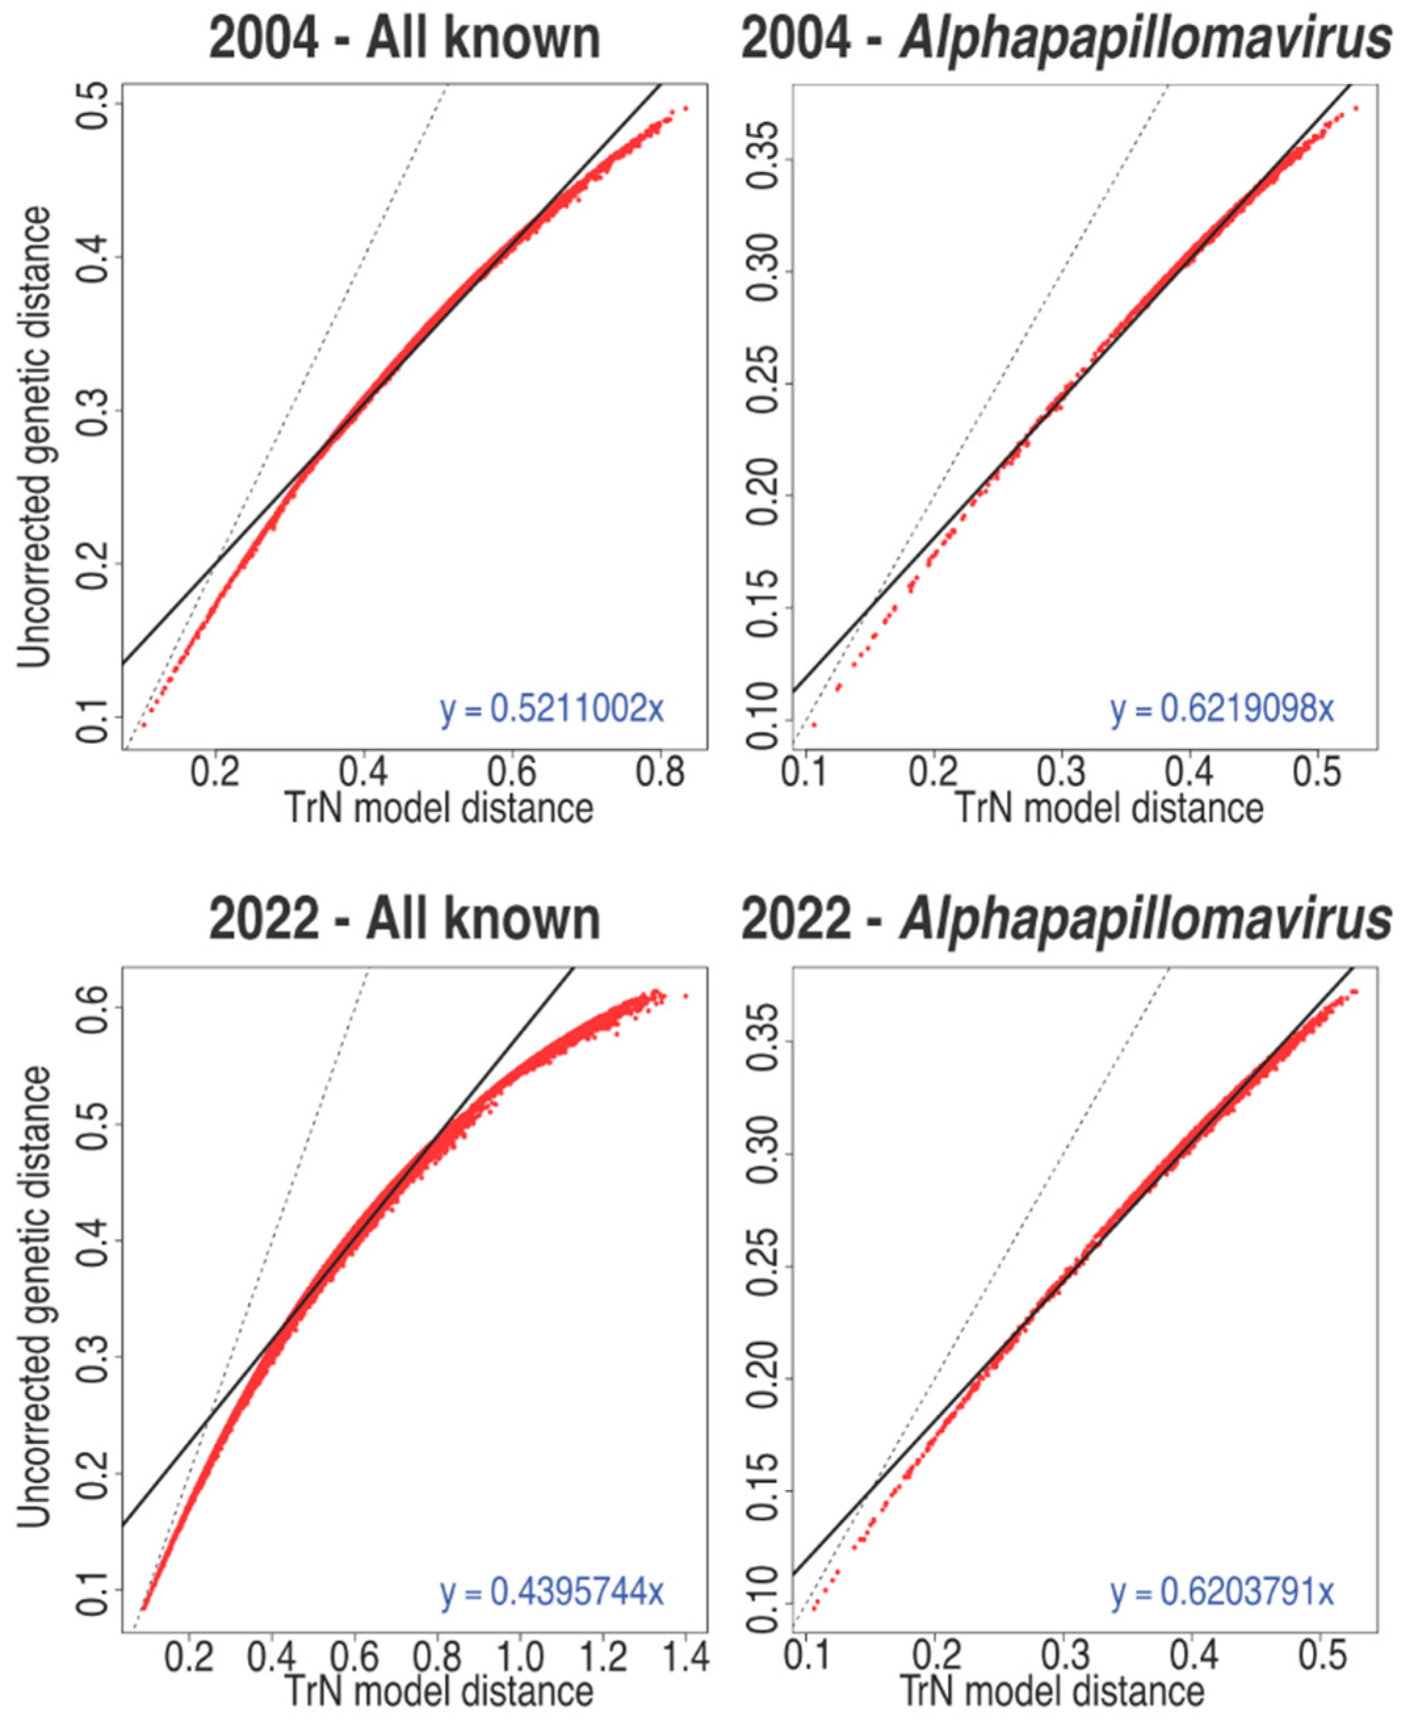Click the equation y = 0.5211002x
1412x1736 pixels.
(x=552, y=709)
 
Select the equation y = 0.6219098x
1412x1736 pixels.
(x=1222, y=709)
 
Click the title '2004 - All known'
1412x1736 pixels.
(x=404, y=38)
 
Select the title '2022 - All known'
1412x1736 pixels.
(x=404, y=921)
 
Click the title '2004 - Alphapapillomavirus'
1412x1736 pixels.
(x=1066, y=38)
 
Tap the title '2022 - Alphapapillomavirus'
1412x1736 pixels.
(x=1066, y=921)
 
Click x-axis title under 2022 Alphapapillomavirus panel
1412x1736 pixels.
(x=1052, y=1691)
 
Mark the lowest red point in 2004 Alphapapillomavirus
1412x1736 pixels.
(x=814, y=724)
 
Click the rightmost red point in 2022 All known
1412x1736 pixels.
(x=686, y=996)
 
